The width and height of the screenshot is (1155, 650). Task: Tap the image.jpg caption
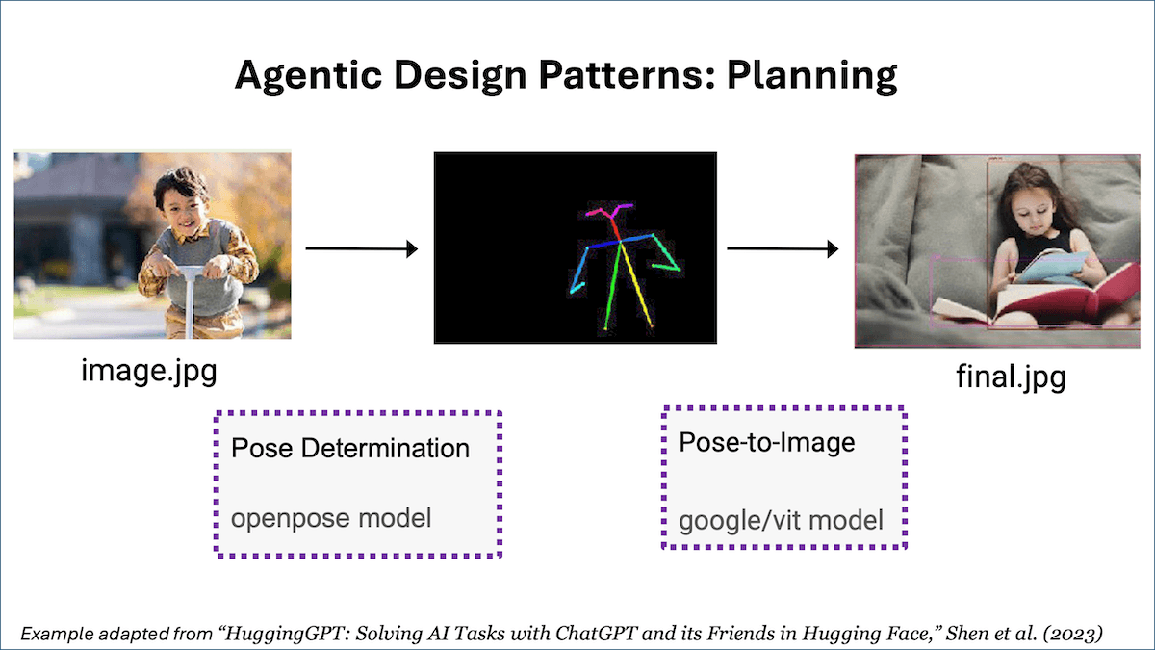[x=148, y=370]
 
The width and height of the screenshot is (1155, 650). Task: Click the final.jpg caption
[x=1011, y=376]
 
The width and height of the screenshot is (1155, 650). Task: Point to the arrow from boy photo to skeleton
[x=361, y=249]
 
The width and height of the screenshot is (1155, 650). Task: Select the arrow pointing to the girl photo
[x=782, y=249]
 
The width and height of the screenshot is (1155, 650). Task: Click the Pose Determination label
[x=350, y=448]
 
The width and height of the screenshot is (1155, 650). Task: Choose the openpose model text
[x=331, y=518]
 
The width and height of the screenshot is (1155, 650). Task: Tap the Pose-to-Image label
[x=766, y=442]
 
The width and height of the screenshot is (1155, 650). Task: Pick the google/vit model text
[x=781, y=521]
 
